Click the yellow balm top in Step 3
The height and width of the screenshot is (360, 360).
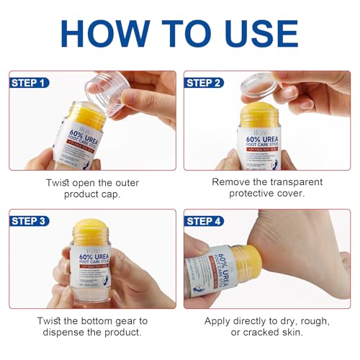coord(91,232)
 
